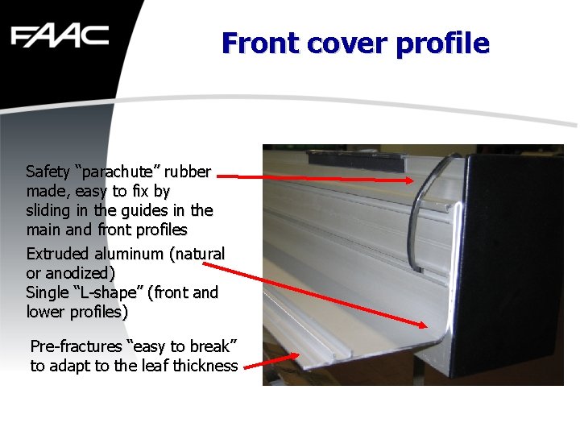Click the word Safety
48,172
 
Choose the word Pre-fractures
76,346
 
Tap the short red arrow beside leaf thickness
274,362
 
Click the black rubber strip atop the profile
354,160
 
